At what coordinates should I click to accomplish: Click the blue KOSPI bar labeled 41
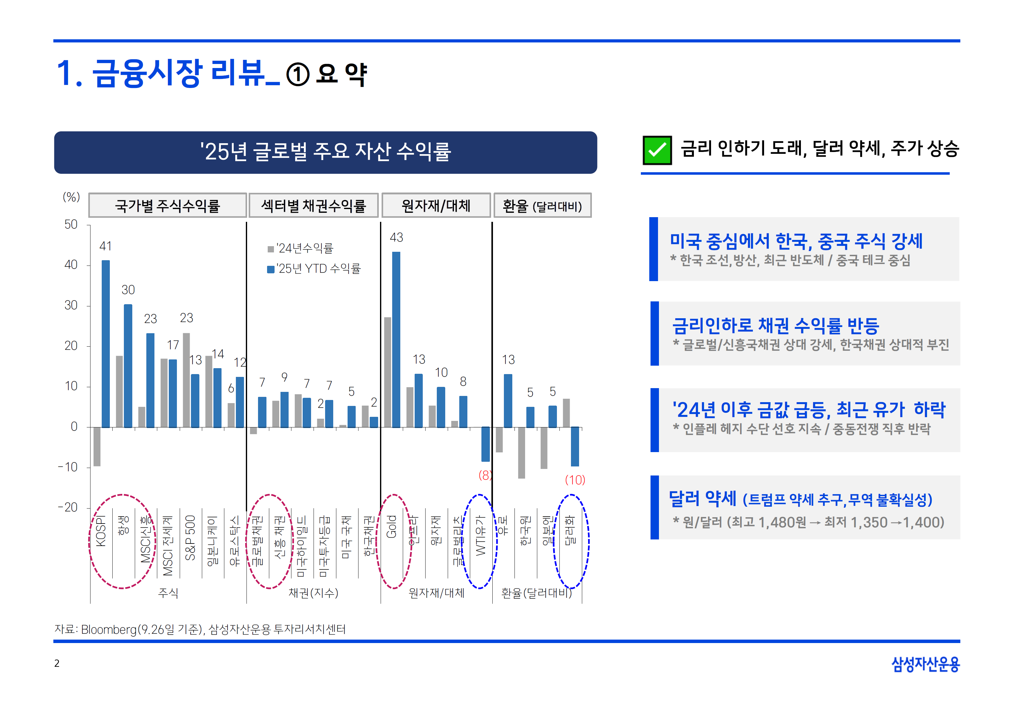[x=105, y=344]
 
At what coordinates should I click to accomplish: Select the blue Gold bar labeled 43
[x=396, y=339]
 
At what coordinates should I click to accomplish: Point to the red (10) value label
[x=575, y=480]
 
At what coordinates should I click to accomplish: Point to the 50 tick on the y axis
[x=71, y=225]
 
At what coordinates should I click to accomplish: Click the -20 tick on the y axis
[x=68, y=508]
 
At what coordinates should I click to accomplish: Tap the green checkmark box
[x=657, y=150]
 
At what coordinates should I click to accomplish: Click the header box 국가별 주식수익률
[x=168, y=205]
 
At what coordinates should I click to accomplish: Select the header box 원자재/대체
[x=436, y=205]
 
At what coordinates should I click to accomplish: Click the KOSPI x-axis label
[x=101, y=531]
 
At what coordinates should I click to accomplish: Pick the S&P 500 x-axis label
[x=190, y=538]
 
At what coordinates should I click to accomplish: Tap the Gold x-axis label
[x=391, y=527]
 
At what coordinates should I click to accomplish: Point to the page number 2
[x=57, y=663]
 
